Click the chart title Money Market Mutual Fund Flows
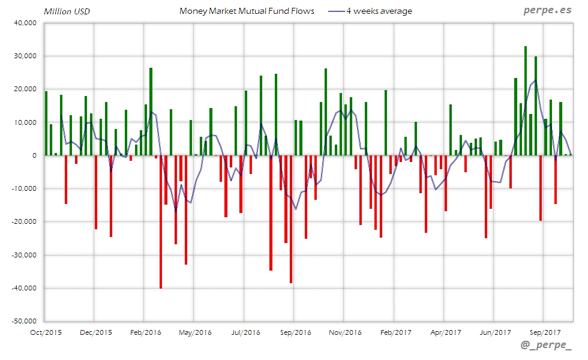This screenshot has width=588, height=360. pos(247,11)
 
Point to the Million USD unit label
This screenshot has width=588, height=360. pos(67,11)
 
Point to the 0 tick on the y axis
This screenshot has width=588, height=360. pos(35,155)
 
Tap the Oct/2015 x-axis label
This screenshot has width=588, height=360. pos(45,331)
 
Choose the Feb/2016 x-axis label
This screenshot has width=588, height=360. pos(145,331)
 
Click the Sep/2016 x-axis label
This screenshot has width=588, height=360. pos(295,331)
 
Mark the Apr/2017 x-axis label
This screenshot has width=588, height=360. pos(445,331)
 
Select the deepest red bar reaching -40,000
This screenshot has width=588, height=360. pos(161,222)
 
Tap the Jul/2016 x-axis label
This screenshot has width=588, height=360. pos(245,331)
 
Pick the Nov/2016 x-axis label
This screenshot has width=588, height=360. pos(345,331)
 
